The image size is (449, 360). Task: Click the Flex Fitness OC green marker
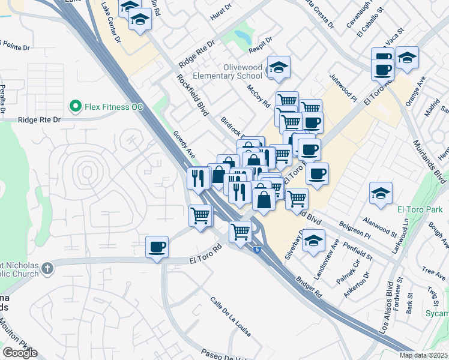[76, 107]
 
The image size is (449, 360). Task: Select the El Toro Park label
[420, 209]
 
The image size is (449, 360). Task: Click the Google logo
[20, 353]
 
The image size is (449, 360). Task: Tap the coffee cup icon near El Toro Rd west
[157, 247]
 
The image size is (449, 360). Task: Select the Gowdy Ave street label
[184, 145]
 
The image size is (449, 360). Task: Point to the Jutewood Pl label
[343, 88]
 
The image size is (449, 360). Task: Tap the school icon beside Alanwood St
[381, 194]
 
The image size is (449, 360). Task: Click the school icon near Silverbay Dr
[313, 241]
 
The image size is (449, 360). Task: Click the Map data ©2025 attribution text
[424, 355]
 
